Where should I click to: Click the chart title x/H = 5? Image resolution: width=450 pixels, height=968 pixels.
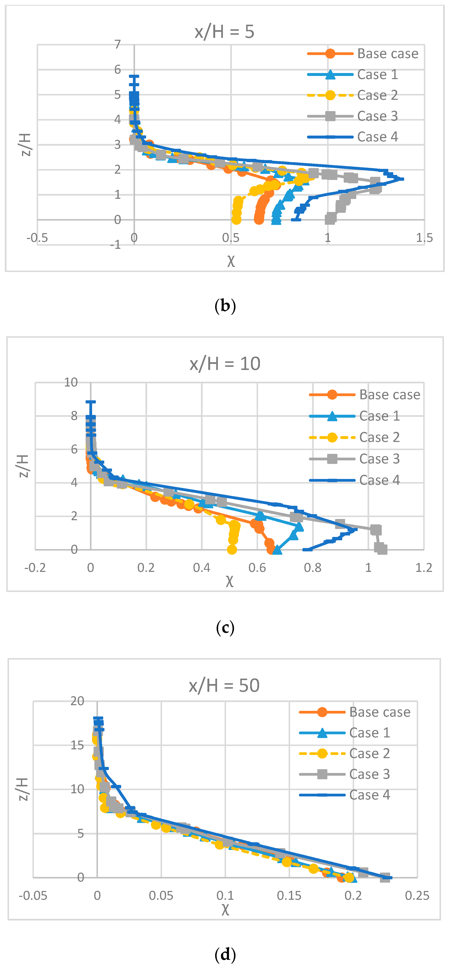(x=224, y=32)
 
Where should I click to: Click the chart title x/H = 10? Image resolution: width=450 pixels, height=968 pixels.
(x=225, y=364)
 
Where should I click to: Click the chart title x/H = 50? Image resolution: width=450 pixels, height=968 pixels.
(x=224, y=686)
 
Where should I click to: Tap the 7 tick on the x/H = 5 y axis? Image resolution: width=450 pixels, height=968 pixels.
(x=118, y=44)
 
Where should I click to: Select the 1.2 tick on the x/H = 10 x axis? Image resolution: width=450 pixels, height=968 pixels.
(x=424, y=567)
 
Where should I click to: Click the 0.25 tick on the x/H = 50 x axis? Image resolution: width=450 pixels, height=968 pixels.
(x=417, y=896)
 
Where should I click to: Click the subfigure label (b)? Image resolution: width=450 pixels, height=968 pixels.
(x=225, y=306)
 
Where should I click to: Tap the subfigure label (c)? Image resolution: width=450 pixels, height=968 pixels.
(x=225, y=628)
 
